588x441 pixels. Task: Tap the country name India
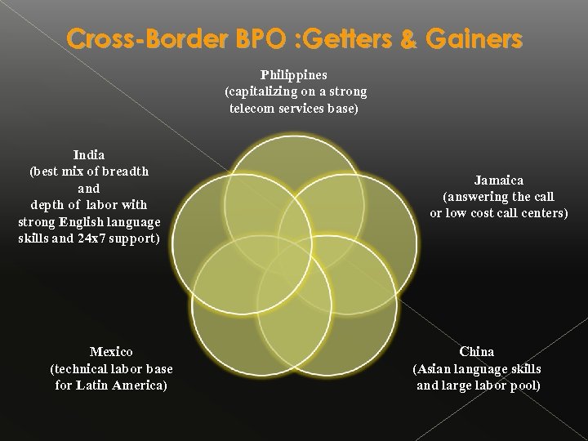(x=88, y=154)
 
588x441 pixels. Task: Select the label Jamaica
(x=498, y=180)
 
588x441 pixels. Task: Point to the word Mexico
(x=111, y=351)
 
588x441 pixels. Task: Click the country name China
(x=477, y=351)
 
